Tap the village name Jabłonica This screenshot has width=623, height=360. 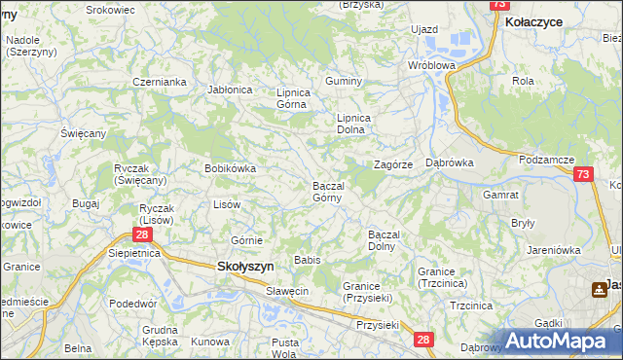tap(230, 90)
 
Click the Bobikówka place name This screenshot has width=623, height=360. tap(230, 168)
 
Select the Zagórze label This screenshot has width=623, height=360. tap(395, 164)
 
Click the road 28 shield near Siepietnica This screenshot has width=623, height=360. tap(142, 234)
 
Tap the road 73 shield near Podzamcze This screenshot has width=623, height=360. tap(582, 174)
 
